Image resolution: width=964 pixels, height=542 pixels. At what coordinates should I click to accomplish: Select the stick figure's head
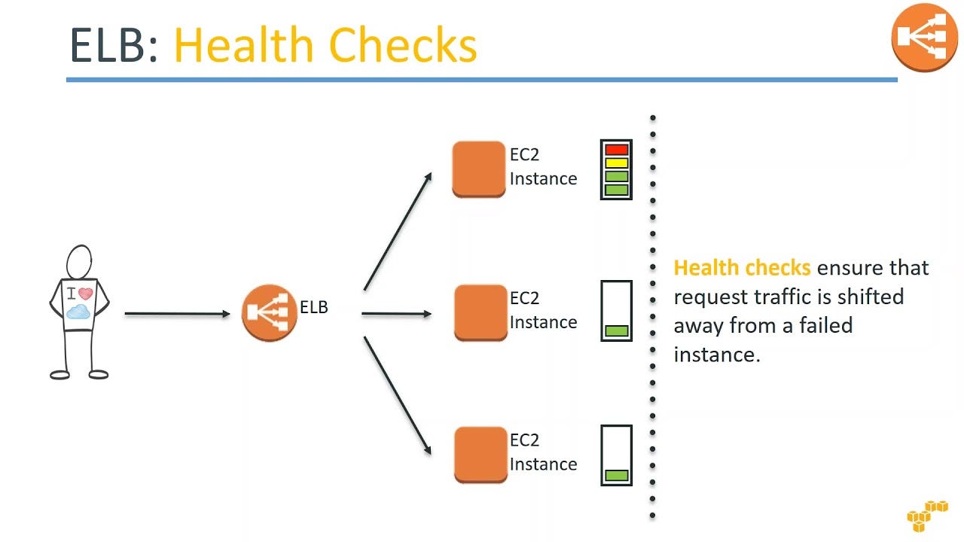[x=79, y=262]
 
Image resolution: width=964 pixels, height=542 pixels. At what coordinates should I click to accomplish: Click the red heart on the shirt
[x=86, y=294]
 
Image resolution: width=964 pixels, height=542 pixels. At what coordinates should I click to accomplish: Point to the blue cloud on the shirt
[x=78, y=311]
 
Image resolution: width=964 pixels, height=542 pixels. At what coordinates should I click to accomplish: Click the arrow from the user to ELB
[x=177, y=313]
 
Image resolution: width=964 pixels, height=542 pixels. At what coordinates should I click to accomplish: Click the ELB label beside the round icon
[x=314, y=307]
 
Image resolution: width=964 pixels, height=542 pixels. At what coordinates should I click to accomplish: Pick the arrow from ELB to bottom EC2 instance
[x=398, y=395]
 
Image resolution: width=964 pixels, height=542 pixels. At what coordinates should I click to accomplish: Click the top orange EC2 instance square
[x=478, y=169]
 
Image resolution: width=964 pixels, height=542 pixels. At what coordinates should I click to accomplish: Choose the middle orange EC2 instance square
[x=480, y=312]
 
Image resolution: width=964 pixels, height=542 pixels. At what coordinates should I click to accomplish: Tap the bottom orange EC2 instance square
[x=480, y=454]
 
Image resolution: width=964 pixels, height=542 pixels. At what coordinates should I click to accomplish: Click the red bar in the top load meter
[x=616, y=150]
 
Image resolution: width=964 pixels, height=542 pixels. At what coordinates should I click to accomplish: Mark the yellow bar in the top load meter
[x=616, y=163]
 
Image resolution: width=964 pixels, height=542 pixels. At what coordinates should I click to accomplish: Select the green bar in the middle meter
[x=616, y=330]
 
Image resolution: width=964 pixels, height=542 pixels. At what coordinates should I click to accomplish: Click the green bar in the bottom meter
[x=616, y=475]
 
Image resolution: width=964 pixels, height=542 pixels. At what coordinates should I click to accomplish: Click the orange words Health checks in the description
[x=741, y=268]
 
